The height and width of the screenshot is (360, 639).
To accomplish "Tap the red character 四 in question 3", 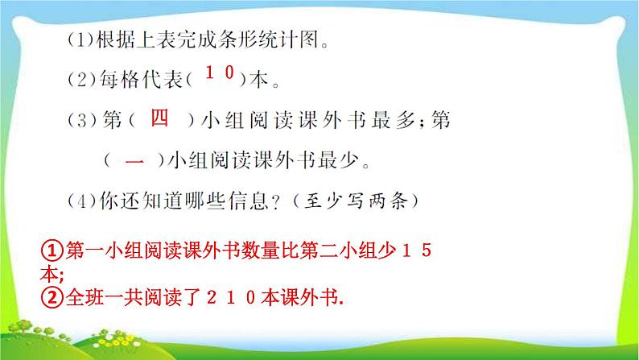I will (x=160, y=118).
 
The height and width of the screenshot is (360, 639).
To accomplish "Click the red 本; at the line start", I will (x=53, y=275).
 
